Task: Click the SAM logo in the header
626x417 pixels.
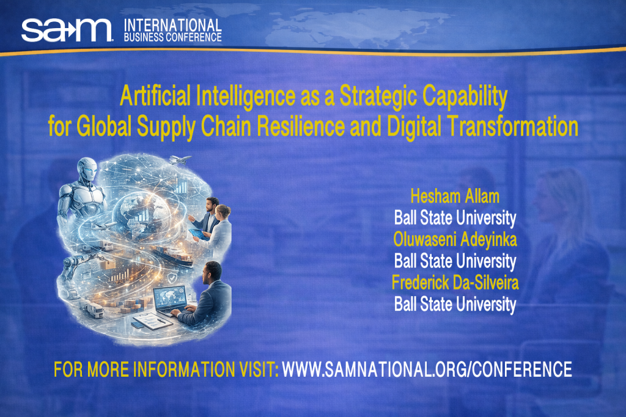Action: click(x=67, y=29)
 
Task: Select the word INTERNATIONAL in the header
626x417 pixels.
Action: click(x=172, y=25)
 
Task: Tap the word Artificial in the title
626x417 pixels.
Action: click(x=150, y=96)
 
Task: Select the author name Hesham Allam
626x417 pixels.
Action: click(x=455, y=196)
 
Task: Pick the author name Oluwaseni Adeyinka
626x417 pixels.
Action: click(x=455, y=239)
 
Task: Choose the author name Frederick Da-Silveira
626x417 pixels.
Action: click(x=455, y=283)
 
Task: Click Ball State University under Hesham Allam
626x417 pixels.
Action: click(x=455, y=217)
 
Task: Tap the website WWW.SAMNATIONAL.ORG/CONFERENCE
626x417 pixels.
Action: click(x=427, y=369)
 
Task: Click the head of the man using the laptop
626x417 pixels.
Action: click(x=212, y=270)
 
